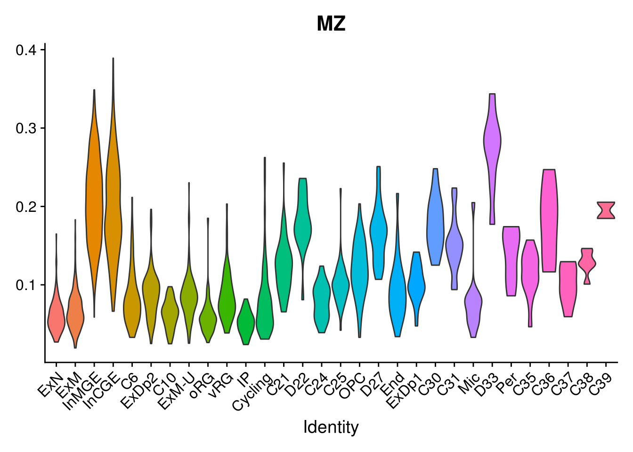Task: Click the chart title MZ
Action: point(331,24)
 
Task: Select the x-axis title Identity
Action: point(331,427)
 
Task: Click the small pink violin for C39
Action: point(606,210)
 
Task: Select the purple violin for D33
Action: point(492,141)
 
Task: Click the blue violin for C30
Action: point(435,226)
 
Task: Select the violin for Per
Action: point(511,259)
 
